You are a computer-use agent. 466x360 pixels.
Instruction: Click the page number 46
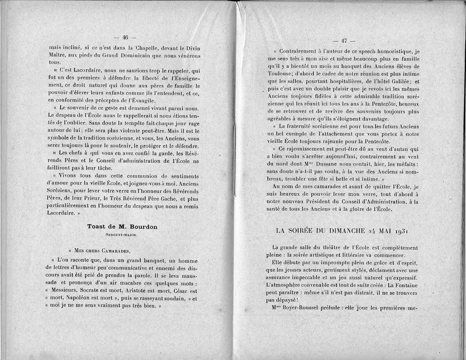tap(125, 37)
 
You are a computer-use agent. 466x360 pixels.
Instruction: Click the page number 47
tap(344, 41)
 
